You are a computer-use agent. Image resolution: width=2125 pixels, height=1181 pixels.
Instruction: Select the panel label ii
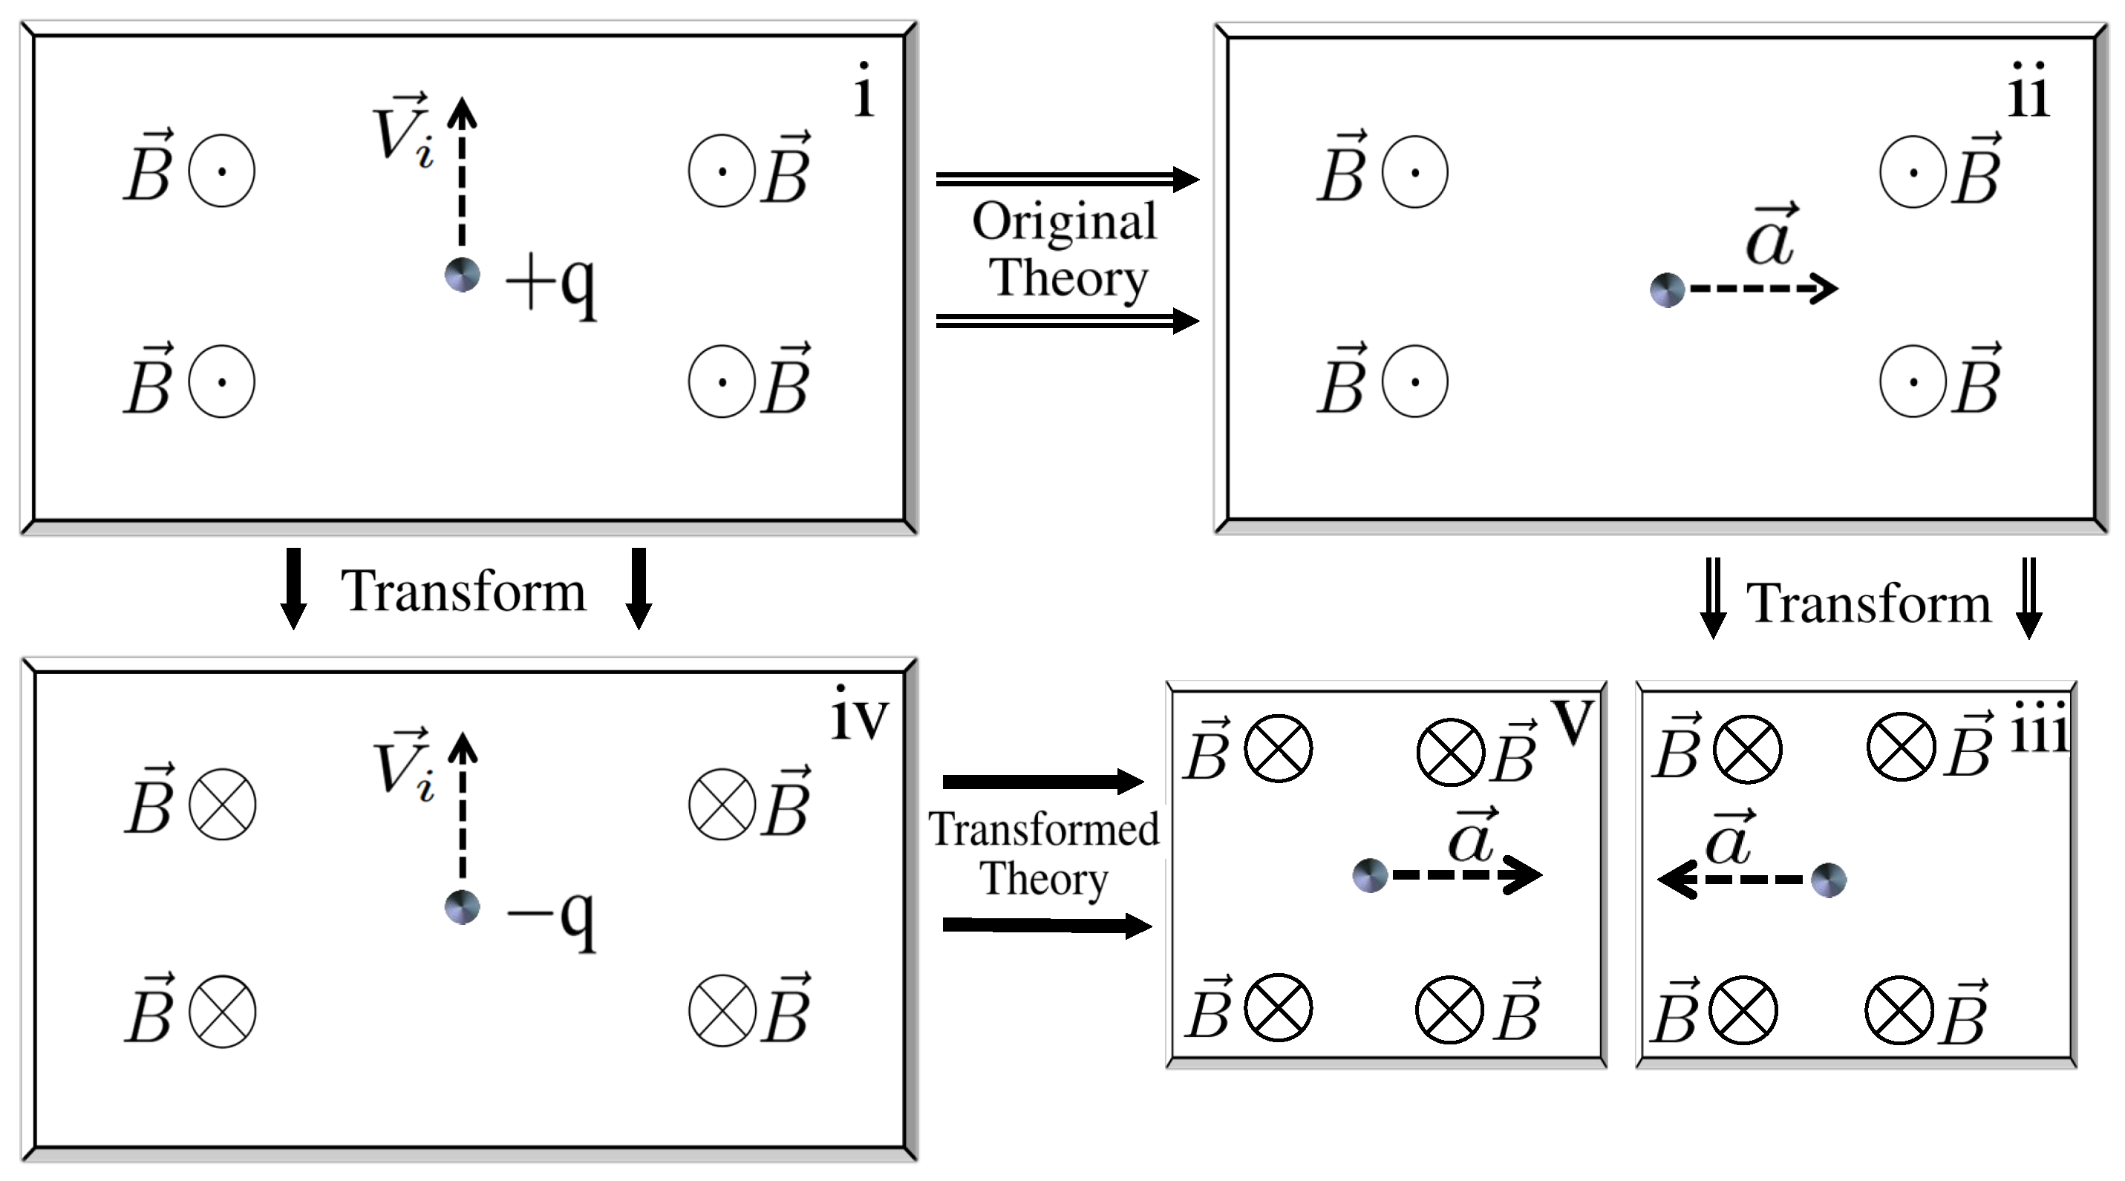[2028, 91]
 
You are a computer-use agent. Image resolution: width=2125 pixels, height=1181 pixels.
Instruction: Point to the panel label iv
[860, 714]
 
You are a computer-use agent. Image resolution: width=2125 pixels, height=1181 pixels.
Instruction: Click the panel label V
[1573, 722]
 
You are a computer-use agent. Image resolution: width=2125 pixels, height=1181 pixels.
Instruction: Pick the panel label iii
[2039, 728]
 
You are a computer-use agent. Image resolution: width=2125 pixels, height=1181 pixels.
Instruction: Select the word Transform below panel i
[463, 592]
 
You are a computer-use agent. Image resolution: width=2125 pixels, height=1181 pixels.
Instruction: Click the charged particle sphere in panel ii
[1667, 290]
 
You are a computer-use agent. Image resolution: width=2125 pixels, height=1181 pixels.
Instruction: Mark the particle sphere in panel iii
[1828, 880]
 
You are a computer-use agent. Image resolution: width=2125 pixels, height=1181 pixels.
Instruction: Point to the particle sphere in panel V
[1370, 875]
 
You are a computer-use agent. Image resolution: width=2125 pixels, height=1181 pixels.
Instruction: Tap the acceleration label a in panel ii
[1771, 238]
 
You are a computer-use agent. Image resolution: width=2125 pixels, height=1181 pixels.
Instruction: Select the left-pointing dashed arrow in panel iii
[1732, 880]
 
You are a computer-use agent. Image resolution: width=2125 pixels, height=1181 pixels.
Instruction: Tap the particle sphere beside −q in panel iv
[462, 907]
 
